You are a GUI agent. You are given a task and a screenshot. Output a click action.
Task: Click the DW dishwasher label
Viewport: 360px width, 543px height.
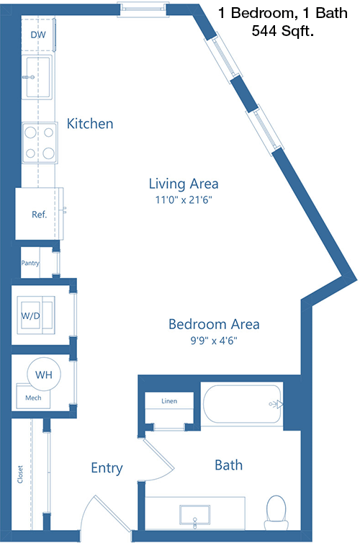click(x=38, y=35)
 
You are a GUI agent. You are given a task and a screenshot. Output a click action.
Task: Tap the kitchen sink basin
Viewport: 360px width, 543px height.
click(x=37, y=77)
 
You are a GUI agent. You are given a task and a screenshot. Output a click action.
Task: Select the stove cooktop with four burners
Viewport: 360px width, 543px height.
click(x=40, y=143)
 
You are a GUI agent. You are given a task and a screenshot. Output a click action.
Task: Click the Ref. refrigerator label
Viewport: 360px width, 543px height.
click(x=39, y=215)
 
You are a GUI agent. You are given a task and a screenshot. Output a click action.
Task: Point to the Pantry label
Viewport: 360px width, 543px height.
click(x=30, y=263)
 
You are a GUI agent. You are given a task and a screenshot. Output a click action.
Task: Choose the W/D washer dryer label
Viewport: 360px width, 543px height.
click(x=30, y=316)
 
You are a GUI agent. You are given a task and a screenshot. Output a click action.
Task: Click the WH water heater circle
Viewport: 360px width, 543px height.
click(x=44, y=374)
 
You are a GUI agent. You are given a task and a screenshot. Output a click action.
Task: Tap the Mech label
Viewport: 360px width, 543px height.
click(x=33, y=398)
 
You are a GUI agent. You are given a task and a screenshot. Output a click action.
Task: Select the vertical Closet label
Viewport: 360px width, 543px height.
click(x=20, y=475)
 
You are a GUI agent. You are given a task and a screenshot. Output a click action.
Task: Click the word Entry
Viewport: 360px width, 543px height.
click(x=107, y=468)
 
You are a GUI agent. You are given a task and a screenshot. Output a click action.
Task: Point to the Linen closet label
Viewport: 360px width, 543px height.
click(x=169, y=401)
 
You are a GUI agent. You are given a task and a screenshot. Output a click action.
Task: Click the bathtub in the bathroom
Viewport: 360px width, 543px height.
click(x=243, y=404)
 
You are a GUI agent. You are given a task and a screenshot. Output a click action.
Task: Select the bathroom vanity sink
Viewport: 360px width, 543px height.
click(x=195, y=515)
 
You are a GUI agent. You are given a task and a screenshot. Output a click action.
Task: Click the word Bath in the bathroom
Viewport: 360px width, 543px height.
click(x=228, y=465)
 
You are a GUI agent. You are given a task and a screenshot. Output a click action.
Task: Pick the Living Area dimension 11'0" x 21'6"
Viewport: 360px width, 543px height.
click(x=184, y=199)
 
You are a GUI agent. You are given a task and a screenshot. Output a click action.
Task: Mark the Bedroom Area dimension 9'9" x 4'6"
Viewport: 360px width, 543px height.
click(x=214, y=341)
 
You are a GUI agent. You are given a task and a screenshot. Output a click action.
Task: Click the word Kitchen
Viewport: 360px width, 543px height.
click(x=90, y=124)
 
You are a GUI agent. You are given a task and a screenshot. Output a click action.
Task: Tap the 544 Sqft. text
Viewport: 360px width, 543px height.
click(x=283, y=31)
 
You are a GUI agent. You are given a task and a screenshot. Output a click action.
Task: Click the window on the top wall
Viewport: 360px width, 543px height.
click(x=143, y=9)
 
